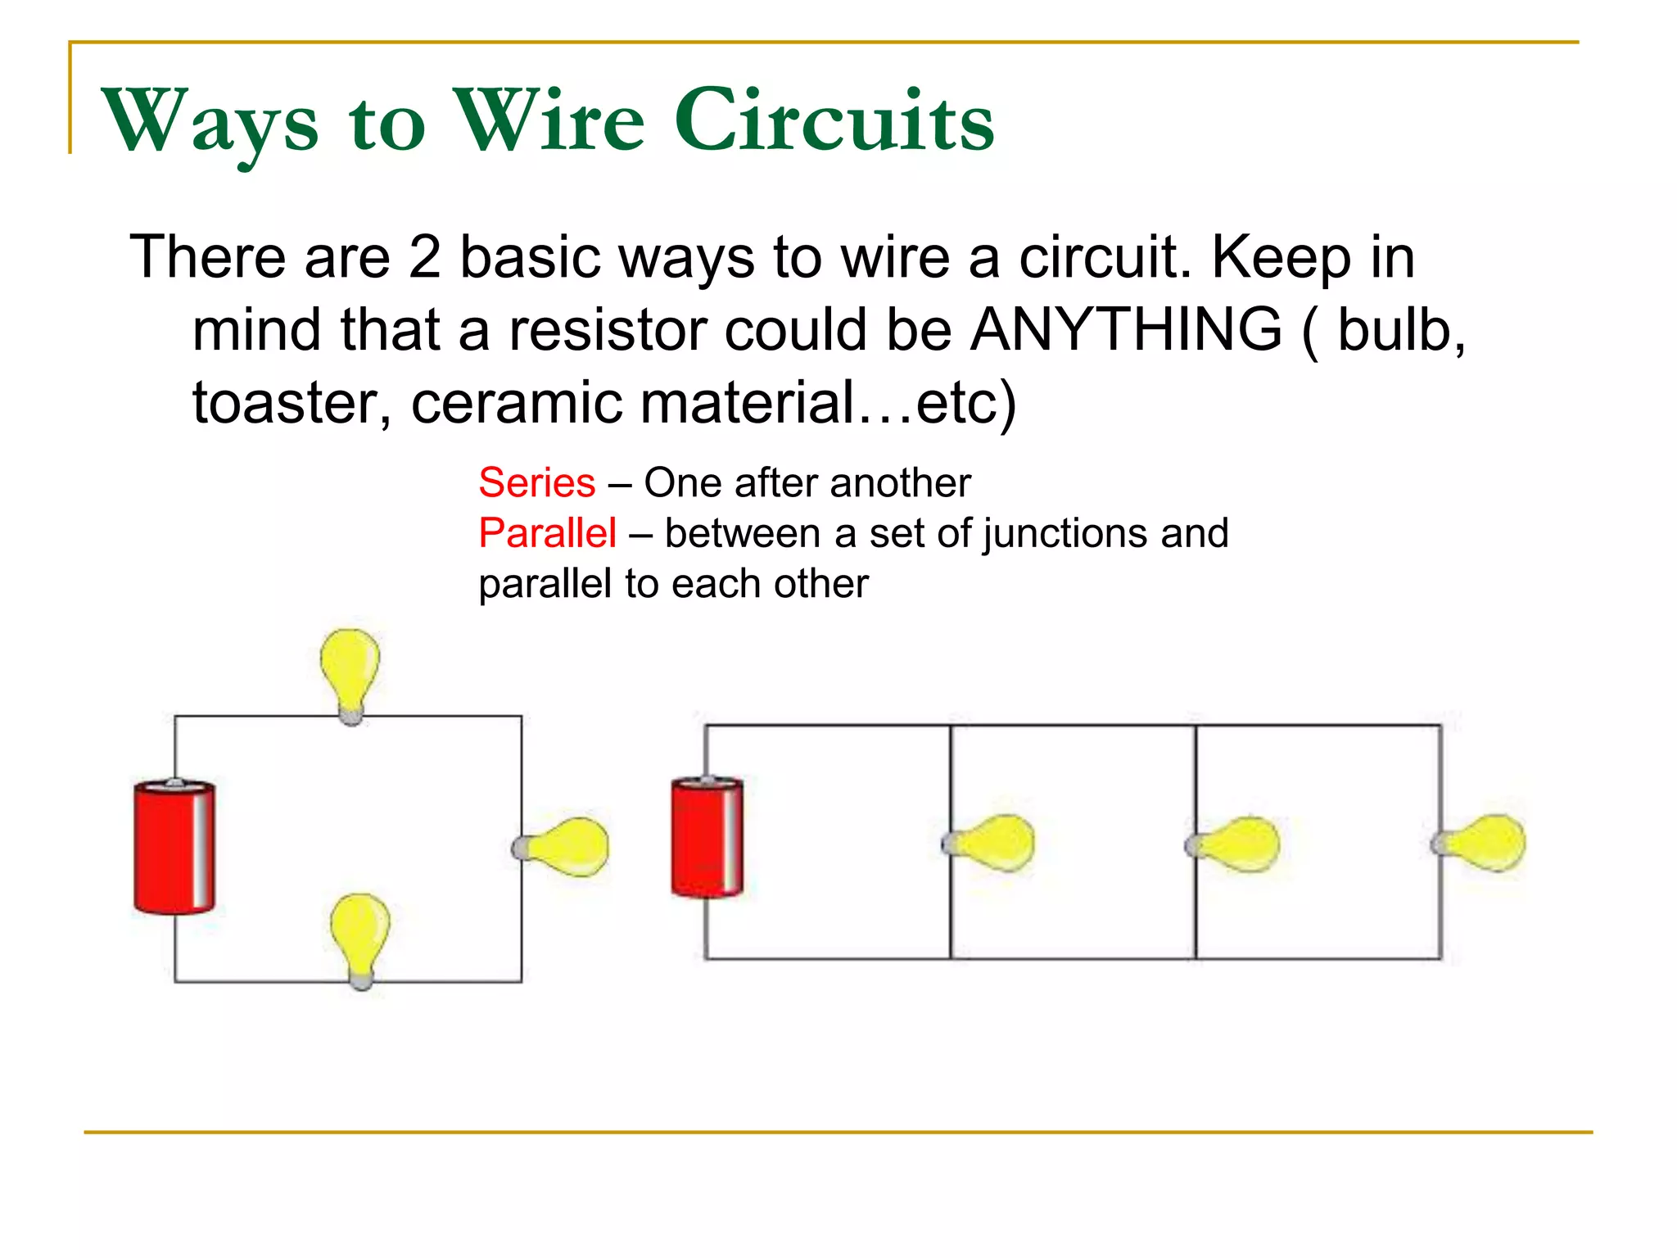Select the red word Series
coord(536,482)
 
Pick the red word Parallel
coord(547,533)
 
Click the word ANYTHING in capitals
coord(1126,329)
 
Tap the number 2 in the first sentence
coord(424,257)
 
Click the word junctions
coord(1065,533)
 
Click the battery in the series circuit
coord(174,847)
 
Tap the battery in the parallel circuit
coord(707,837)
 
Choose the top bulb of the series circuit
coord(350,672)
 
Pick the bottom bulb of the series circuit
coord(359,938)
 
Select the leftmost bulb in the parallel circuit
coord(992,843)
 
